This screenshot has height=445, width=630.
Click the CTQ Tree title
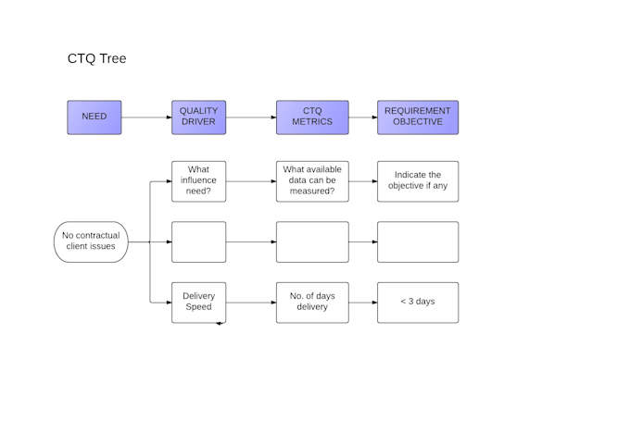pos(96,58)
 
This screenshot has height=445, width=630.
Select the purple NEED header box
pos(94,117)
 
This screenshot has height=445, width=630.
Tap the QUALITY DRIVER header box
pos(198,117)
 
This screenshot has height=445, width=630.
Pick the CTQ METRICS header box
pos(312,117)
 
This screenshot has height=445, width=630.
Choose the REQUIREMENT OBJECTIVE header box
pos(418,117)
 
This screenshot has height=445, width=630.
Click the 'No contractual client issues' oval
pos(90,241)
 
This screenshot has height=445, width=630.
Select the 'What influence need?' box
pos(198,181)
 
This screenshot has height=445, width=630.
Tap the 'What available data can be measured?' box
pos(312,181)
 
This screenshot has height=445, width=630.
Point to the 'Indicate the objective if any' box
pos(418,181)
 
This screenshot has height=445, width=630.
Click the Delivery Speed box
pos(198,302)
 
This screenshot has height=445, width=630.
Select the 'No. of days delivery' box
pos(312,302)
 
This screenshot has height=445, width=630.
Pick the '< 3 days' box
pos(418,302)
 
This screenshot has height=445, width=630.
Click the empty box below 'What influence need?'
pos(198,241)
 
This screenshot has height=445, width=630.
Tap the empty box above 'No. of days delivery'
pos(312,241)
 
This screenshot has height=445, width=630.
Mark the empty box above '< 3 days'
pos(418,241)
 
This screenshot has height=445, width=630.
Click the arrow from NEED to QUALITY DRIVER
pos(146,117)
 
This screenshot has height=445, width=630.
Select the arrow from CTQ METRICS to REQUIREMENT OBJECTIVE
pos(363,117)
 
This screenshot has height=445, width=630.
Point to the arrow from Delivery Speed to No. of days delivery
pos(251,302)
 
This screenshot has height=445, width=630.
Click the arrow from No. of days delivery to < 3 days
pos(363,302)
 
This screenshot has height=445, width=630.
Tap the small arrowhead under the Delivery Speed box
pos(220,323)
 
